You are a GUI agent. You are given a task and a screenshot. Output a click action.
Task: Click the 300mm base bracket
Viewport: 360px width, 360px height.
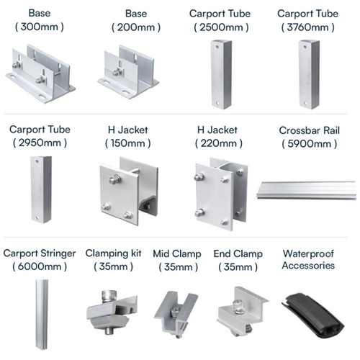tap(40, 74)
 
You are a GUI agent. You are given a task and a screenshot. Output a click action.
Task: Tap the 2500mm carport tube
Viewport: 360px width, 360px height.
tap(221, 75)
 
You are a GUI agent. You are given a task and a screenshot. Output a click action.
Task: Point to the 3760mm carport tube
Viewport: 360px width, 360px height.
tap(309, 75)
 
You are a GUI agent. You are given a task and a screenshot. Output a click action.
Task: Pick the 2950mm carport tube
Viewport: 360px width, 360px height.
tap(41, 189)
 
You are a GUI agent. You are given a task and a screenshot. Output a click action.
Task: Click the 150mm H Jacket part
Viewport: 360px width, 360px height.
tap(129, 191)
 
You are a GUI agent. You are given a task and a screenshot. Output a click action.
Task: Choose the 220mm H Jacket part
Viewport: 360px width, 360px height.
tap(221, 194)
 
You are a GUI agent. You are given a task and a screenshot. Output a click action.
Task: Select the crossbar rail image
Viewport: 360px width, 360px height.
tap(307, 190)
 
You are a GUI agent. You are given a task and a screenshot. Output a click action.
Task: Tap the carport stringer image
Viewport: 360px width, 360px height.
tap(42, 315)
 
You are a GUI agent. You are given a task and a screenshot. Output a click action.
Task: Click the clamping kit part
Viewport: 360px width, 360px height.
tap(111, 312)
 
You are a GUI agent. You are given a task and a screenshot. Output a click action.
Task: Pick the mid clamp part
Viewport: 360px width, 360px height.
tap(176, 314)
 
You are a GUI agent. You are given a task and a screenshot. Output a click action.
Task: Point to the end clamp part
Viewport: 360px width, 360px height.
tap(242, 311)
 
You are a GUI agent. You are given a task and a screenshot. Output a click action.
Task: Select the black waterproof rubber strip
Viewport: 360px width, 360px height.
tap(313, 315)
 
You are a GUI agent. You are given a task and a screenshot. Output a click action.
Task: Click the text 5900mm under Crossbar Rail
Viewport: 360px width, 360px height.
tap(310, 144)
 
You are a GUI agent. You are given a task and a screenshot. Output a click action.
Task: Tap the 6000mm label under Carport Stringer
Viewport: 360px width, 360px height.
tap(40, 266)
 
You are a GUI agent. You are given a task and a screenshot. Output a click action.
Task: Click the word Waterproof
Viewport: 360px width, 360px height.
tap(308, 253)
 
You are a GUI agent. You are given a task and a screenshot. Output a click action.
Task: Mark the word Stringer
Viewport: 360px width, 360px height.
tap(58, 253)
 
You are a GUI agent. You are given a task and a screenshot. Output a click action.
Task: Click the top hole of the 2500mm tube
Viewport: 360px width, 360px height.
tap(217, 47)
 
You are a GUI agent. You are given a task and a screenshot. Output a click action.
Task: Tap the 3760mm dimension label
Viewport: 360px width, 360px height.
tap(308, 27)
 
